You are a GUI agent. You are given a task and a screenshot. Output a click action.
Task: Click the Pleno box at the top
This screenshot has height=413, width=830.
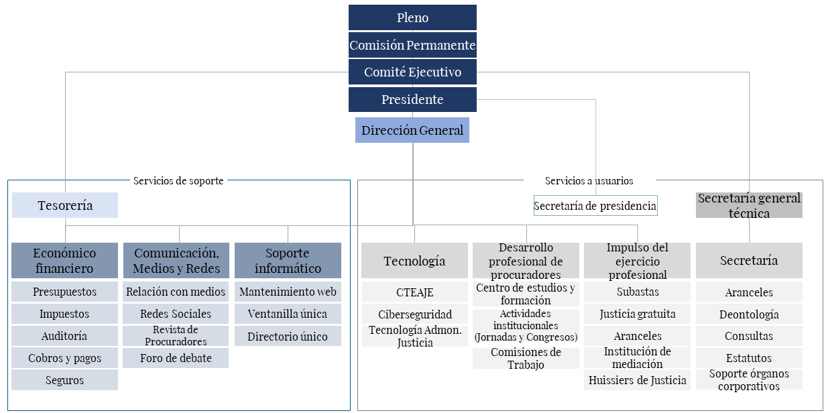(412, 17)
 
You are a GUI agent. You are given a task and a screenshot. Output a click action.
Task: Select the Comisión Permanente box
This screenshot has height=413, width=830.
(412, 45)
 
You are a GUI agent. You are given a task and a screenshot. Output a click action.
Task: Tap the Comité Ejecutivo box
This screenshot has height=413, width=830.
(412, 72)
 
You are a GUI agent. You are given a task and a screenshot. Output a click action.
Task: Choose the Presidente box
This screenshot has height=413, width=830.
(412, 99)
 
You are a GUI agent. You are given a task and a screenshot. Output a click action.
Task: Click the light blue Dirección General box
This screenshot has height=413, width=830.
(412, 130)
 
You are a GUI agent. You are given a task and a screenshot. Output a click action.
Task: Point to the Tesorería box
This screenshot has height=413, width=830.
(65, 205)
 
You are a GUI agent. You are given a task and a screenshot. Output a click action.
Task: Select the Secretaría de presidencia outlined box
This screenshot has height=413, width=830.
(595, 206)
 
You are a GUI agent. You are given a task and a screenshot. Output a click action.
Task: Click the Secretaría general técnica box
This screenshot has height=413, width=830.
(749, 205)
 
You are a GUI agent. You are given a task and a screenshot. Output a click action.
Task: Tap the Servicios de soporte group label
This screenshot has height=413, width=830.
(178, 181)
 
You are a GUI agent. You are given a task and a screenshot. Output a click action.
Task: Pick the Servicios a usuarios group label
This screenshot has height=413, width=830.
(589, 181)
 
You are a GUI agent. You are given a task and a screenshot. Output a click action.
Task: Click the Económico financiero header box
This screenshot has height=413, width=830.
(64, 260)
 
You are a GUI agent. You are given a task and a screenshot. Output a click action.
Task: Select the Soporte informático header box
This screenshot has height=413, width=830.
(288, 260)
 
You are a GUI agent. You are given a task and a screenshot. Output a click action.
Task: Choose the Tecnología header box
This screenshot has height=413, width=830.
(414, 260)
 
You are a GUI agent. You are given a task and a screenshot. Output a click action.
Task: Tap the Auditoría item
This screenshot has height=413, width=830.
(64, 336)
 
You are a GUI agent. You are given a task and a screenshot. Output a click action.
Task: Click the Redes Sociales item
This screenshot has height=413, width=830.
(176, 314)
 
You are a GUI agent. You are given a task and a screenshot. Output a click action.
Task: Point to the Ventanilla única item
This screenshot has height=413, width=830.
(288, 314)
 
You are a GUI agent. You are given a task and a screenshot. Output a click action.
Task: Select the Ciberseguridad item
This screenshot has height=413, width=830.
(414, 314)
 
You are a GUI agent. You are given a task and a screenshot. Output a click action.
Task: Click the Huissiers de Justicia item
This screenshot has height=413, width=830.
(638, 380)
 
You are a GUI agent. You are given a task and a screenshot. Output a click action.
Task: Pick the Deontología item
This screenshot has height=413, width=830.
(749, 314)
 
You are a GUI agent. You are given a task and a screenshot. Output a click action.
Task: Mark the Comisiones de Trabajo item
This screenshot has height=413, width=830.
(526, 358)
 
